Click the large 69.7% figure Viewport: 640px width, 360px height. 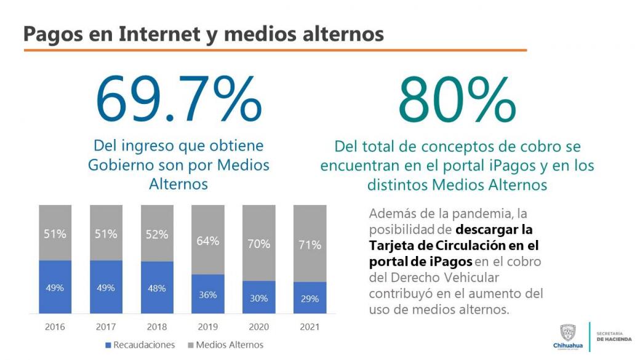178,100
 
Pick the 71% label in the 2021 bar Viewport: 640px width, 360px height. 310,245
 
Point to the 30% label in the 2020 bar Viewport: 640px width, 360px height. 258,298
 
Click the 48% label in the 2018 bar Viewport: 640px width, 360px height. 157,288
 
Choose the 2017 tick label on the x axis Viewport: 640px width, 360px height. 106,327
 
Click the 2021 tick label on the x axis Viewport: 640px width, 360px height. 310,327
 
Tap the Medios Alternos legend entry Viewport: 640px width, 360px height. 225,345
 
